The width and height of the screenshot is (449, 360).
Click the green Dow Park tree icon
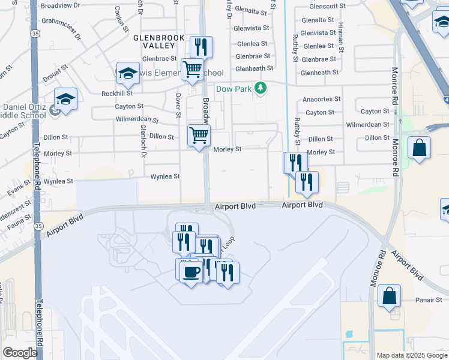[261, 89]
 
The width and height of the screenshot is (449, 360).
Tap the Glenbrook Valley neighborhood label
[158, 41]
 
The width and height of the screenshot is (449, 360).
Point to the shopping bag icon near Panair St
[390, 296]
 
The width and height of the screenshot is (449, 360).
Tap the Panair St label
[429, 300]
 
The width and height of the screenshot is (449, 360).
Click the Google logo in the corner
[20, 353]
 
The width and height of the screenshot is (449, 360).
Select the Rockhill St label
[116, 94]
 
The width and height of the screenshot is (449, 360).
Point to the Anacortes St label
[322, 99]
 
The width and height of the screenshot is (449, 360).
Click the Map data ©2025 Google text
[411, 355]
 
